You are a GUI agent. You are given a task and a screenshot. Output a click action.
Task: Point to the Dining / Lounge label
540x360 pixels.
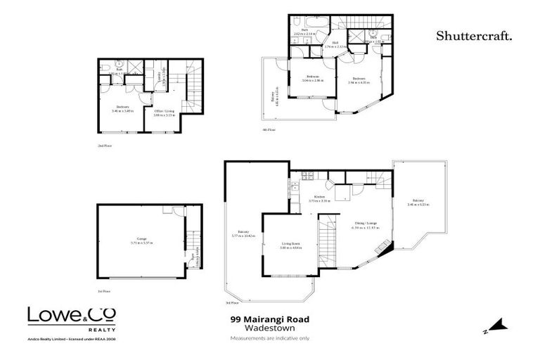tap(366, 226)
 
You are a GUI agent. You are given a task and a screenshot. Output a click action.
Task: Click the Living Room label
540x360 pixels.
tap(290, 246)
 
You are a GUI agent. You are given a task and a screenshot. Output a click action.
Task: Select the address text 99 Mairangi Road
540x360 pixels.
tap(269, 319)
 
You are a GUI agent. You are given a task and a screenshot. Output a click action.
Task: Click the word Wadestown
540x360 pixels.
tap(269, 328)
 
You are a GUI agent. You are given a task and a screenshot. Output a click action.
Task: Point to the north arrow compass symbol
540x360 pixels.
tap(497, 326)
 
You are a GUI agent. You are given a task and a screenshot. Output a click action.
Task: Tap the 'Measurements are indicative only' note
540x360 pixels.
tap(269, 338)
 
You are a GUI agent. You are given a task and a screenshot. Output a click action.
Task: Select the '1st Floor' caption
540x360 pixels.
tap(104, 290)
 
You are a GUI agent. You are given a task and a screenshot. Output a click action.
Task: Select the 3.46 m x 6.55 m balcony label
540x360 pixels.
tap(418, 205)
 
